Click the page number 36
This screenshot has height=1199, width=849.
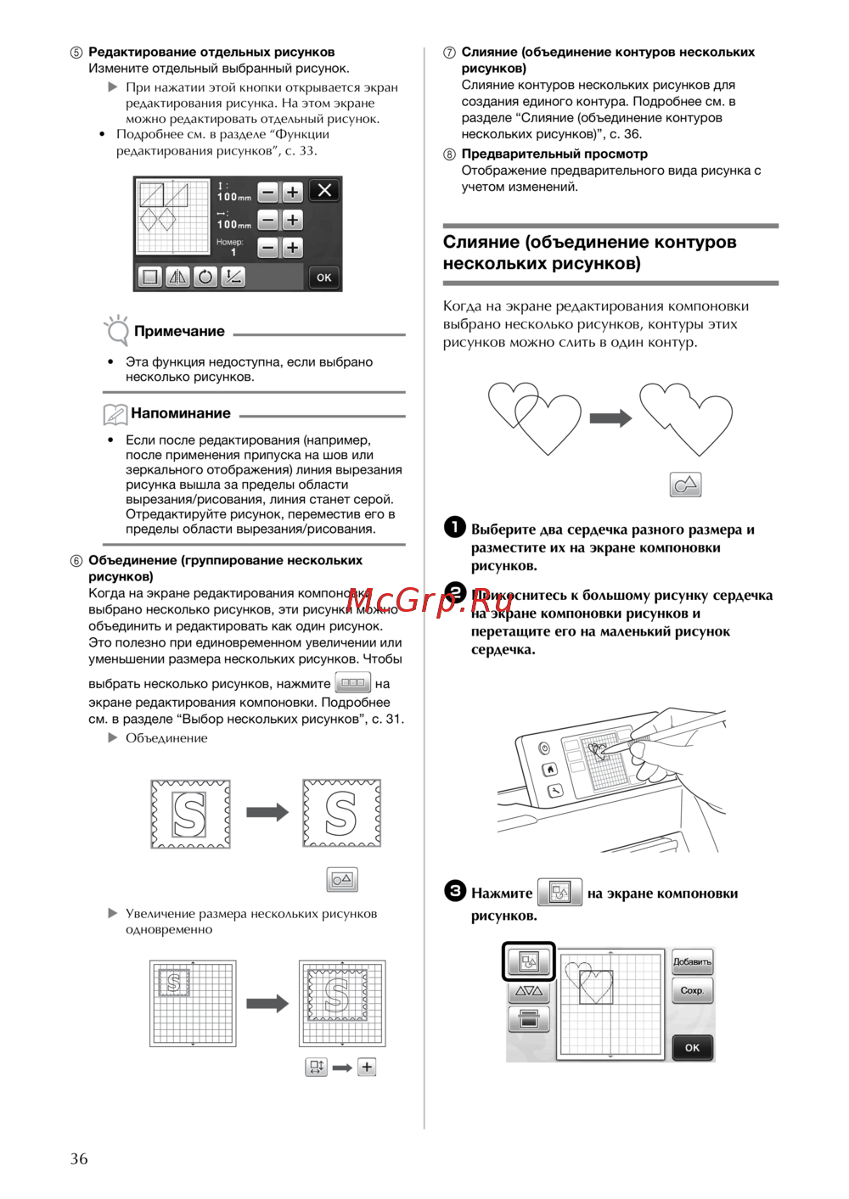79,1158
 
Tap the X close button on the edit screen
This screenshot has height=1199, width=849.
324,191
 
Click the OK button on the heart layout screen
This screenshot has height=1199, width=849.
692,1047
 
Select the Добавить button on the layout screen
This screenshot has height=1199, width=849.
692,961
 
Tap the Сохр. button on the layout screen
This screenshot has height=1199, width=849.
692,990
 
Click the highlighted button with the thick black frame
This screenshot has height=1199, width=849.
528,961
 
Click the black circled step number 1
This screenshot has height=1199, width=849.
455,527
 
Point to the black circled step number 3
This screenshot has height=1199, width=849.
455,890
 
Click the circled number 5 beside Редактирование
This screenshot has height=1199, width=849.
76,53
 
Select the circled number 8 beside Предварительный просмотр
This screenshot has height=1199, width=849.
449,154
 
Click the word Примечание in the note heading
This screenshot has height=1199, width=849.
179,331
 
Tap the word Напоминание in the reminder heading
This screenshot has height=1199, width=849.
181,413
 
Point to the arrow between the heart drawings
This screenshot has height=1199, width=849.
610,417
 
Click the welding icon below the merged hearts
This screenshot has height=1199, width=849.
685,485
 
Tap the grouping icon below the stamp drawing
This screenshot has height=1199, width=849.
342,879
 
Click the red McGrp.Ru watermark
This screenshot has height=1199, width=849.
429,600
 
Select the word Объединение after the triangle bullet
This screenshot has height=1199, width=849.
166,738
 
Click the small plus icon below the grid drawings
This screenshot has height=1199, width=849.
367,1067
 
